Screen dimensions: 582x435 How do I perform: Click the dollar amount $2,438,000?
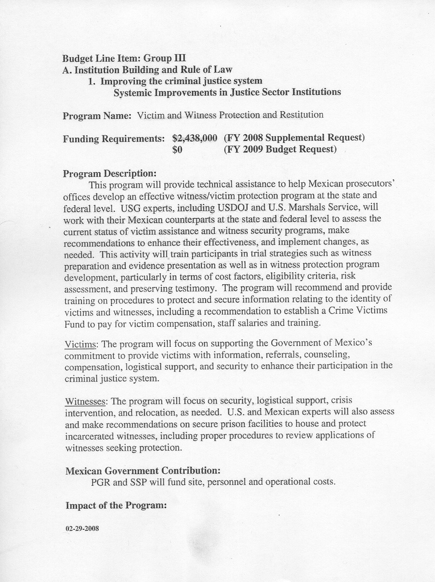tap(194, 138)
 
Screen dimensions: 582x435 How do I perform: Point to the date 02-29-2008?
tap(82, 528)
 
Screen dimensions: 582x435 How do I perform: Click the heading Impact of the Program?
tap(116, 505)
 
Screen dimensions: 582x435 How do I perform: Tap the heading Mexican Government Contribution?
tap(143, 471)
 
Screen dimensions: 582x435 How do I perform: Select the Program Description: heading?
tap(109, 173)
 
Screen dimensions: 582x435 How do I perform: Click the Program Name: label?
tap(97, 115)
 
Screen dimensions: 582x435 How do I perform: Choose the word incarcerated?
tap(92, 436)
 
